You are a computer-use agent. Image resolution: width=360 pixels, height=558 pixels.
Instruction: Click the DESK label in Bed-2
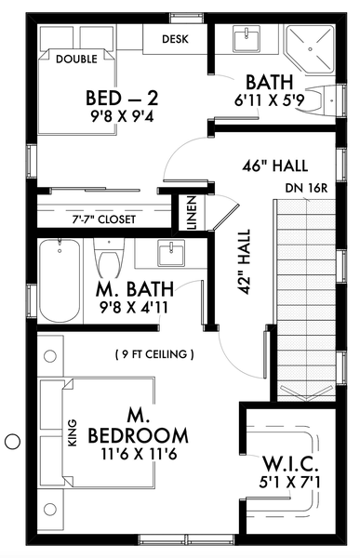pos(177,39)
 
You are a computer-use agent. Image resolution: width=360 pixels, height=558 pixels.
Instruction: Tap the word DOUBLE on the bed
pos(77,60)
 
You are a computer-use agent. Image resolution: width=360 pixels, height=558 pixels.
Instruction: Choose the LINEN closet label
pos(192,213)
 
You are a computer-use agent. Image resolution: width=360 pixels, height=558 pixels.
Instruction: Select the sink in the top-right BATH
pos(247,39)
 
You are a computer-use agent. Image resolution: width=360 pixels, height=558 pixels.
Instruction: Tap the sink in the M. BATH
pos(170,253)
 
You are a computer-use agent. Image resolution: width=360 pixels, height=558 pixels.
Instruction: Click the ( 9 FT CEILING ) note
pos(155,353)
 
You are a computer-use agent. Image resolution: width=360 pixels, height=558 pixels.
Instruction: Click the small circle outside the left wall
pos(12,442)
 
